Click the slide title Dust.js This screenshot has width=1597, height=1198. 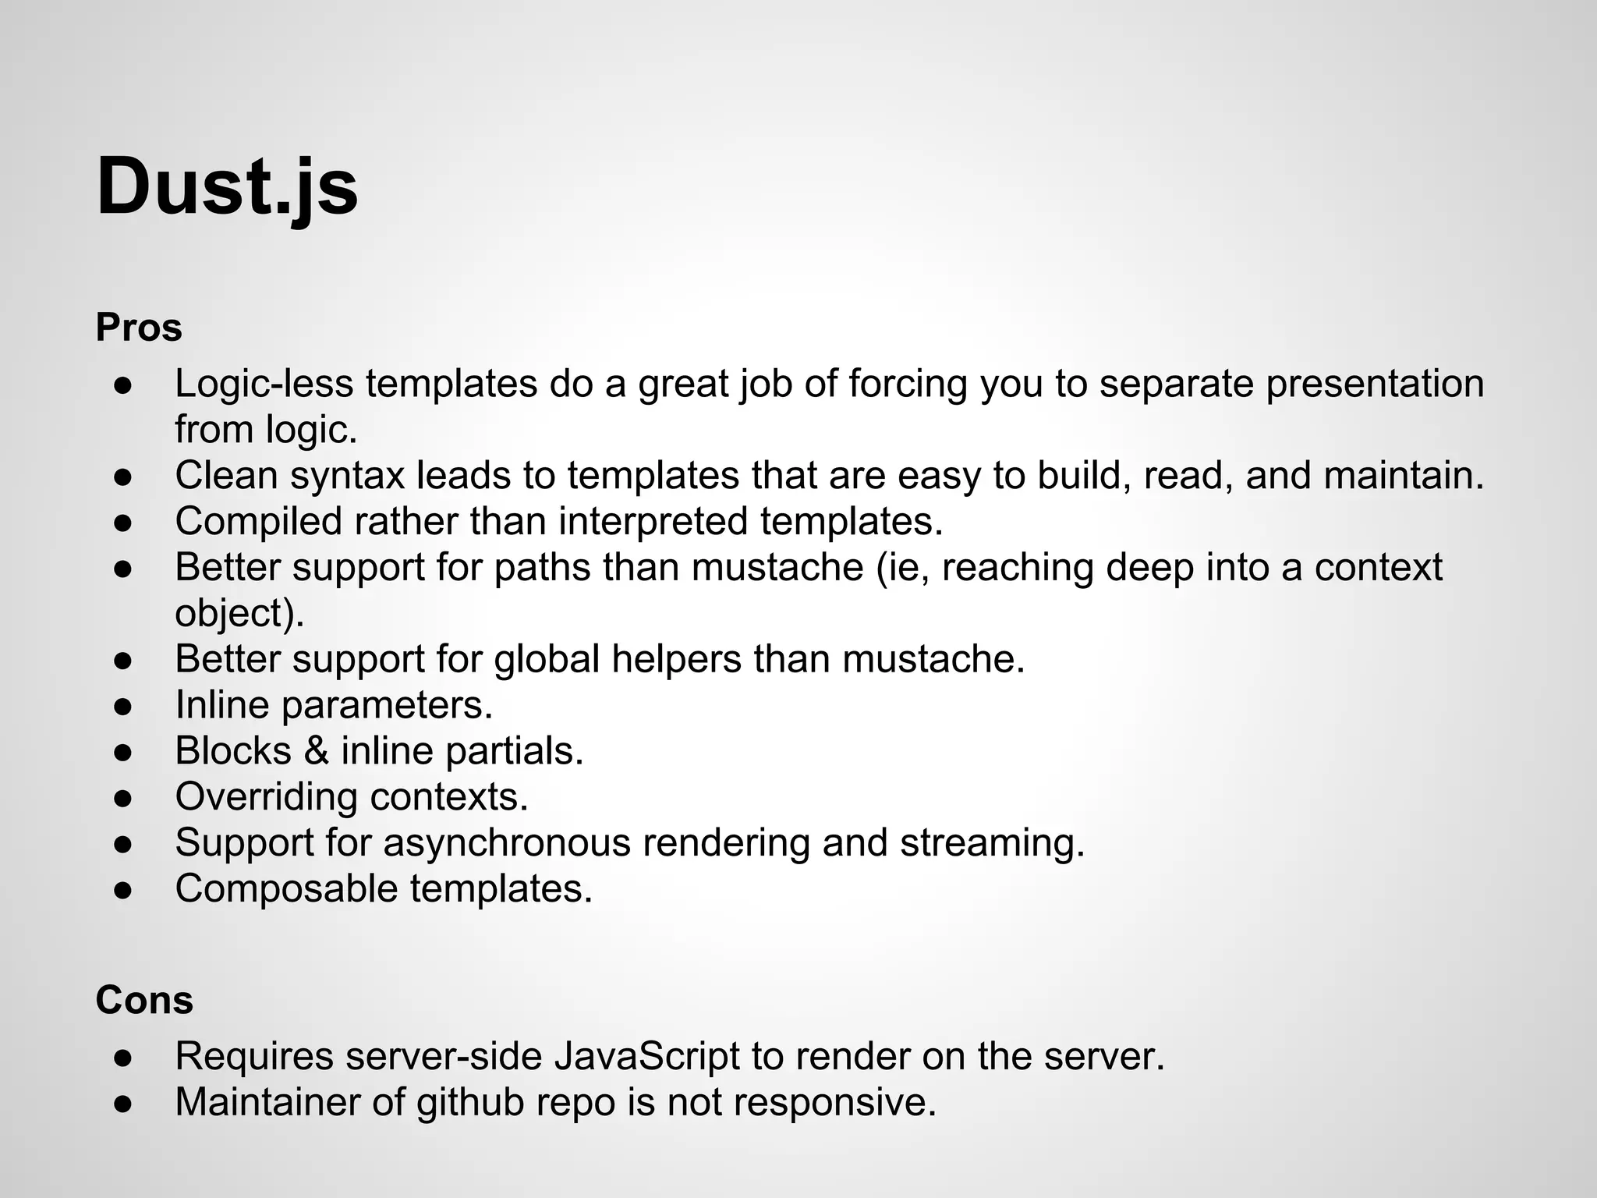(227, 188)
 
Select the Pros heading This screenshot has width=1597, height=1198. (139, 328)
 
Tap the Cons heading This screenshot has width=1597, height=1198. (144, 1000)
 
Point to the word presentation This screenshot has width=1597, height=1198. (1375, 384)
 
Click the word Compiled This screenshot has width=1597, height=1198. (258, 521)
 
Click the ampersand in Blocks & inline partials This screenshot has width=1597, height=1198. (316, 750)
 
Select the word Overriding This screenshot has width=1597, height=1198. (266, 796)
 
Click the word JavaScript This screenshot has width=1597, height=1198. (646, 1056)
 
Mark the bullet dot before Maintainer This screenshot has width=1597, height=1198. (124, 1103)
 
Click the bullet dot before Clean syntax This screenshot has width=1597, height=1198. (124, 477)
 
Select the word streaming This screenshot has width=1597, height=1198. (992, 842)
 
